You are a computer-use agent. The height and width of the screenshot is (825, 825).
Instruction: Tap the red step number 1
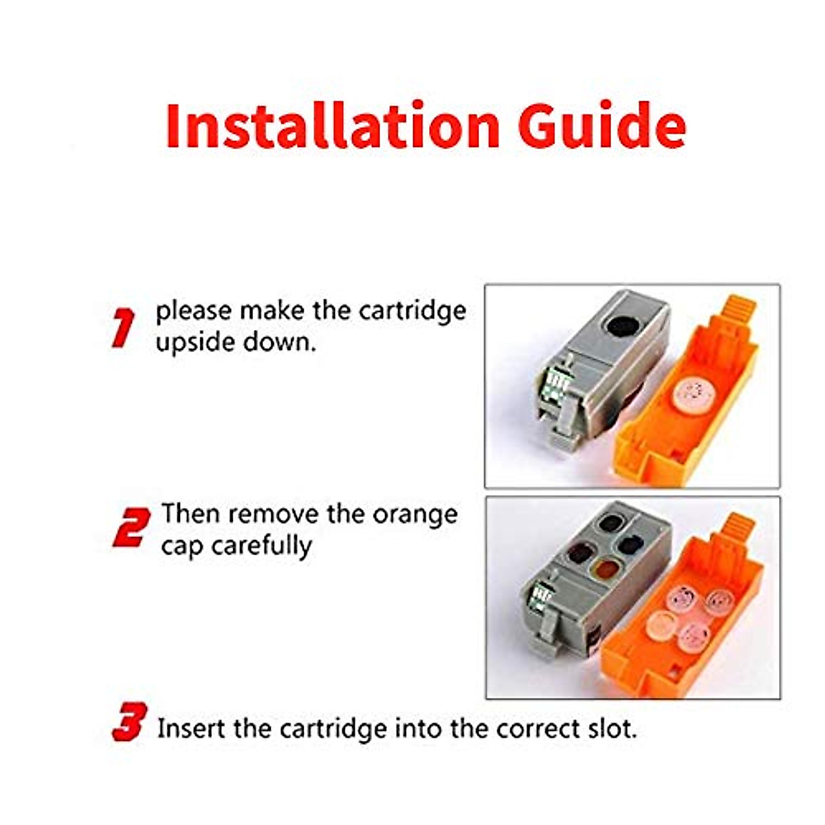[123, 329]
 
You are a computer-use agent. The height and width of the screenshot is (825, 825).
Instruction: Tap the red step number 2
[131, 528]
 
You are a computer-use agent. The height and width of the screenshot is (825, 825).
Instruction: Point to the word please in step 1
[193, 312]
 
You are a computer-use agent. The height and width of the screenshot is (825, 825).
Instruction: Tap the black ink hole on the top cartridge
[622, 326]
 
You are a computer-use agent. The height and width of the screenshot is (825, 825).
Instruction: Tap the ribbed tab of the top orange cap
[741, 311]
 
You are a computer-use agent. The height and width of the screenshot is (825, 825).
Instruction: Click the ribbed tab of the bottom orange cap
[740, 527]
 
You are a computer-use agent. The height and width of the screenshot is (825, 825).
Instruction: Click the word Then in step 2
[190, 515]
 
